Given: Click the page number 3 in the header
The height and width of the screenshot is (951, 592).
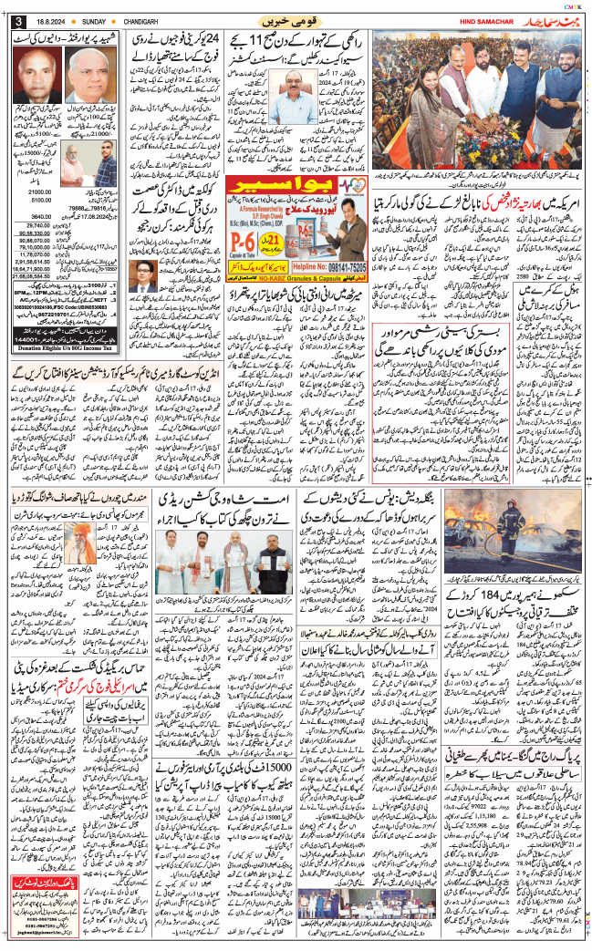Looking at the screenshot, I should [16, 21].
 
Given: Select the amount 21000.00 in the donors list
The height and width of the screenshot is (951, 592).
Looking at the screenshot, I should [41, 192].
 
